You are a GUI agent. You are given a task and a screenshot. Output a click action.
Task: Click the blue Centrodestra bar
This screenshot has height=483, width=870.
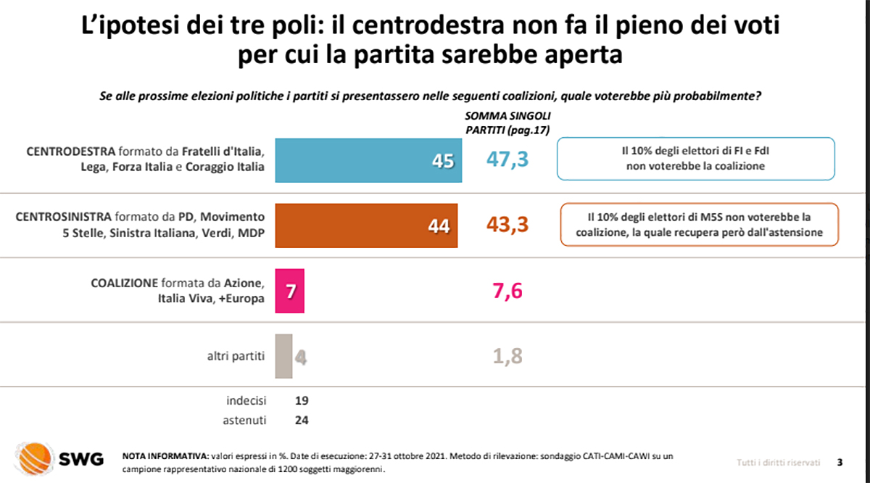click(x=368, y=160)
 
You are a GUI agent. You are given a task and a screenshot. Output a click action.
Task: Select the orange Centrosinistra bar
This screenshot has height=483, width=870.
click(x=366, y=226)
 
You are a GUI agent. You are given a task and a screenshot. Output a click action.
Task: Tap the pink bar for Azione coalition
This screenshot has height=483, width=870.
click(x=290, y=291)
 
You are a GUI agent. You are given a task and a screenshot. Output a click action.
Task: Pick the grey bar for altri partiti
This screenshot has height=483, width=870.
click(x=283, y=356)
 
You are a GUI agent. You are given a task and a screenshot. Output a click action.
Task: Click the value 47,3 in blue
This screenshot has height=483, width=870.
click(x=507, y=160)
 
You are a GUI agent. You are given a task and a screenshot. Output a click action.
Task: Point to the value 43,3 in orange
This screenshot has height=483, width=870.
click(x=507, y=226)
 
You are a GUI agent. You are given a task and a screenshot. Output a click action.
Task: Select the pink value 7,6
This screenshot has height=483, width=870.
click(x=507, y=291)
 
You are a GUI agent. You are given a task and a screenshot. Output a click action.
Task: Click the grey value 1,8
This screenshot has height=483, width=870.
click(x=507, y=356)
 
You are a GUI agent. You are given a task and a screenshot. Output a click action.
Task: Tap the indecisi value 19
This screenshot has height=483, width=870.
click(x=303, y=400)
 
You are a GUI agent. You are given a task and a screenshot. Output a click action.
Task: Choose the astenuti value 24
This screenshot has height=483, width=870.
click(x=303, y=419)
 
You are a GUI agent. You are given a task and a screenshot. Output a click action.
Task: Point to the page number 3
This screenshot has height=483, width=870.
click(x=840, y=462)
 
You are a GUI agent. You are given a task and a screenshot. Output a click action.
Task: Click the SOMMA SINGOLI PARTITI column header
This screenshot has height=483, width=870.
click(x=507, y=123)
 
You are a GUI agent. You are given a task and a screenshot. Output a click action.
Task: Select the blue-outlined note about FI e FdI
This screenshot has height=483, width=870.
click(x=695, y=159)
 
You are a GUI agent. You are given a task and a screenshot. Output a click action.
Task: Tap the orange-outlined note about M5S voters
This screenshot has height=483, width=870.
click(x=699, y=224)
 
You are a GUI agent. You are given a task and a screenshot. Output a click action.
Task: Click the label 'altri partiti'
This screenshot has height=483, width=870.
click(x=236, y=356)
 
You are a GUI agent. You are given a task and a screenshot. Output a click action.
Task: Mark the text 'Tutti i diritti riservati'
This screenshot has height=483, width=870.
click(x=778, y=462)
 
